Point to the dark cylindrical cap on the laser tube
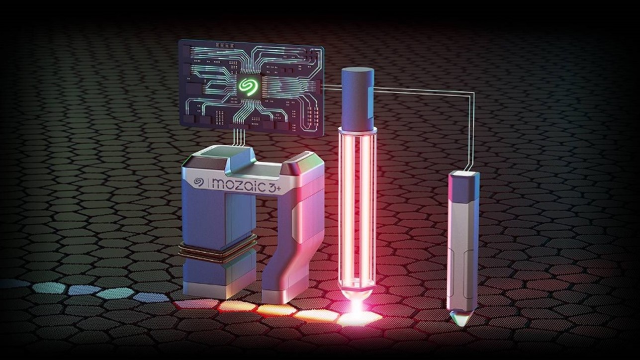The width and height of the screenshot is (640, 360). point(358,97)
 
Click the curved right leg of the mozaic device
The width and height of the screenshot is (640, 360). point(288,259)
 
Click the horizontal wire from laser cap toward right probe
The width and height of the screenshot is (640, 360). point(423,90)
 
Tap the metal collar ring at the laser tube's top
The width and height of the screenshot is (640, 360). point(358,131)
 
